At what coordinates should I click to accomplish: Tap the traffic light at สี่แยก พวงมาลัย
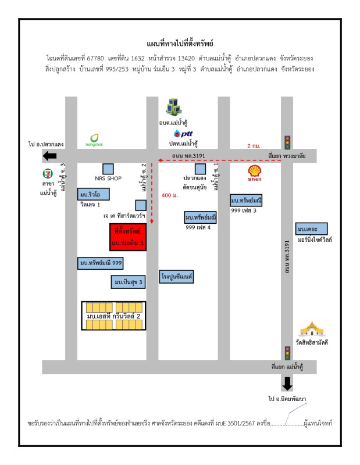click(x=287, y=142)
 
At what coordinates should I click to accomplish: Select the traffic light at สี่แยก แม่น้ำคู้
click(x=287, y=353)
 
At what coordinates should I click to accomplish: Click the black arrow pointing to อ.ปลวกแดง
click(x=49, y=155)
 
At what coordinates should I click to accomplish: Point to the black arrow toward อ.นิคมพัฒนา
click(x=287, y=383)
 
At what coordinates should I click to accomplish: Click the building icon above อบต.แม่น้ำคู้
click(x=173, y=107)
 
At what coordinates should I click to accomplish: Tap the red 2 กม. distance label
click(x=254, y=146)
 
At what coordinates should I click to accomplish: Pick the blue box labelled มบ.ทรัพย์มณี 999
click(x=100, y=263)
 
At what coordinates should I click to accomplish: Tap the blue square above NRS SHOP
click(x=107, y=167)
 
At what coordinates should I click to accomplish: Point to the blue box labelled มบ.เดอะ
click(x=311, y=228)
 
